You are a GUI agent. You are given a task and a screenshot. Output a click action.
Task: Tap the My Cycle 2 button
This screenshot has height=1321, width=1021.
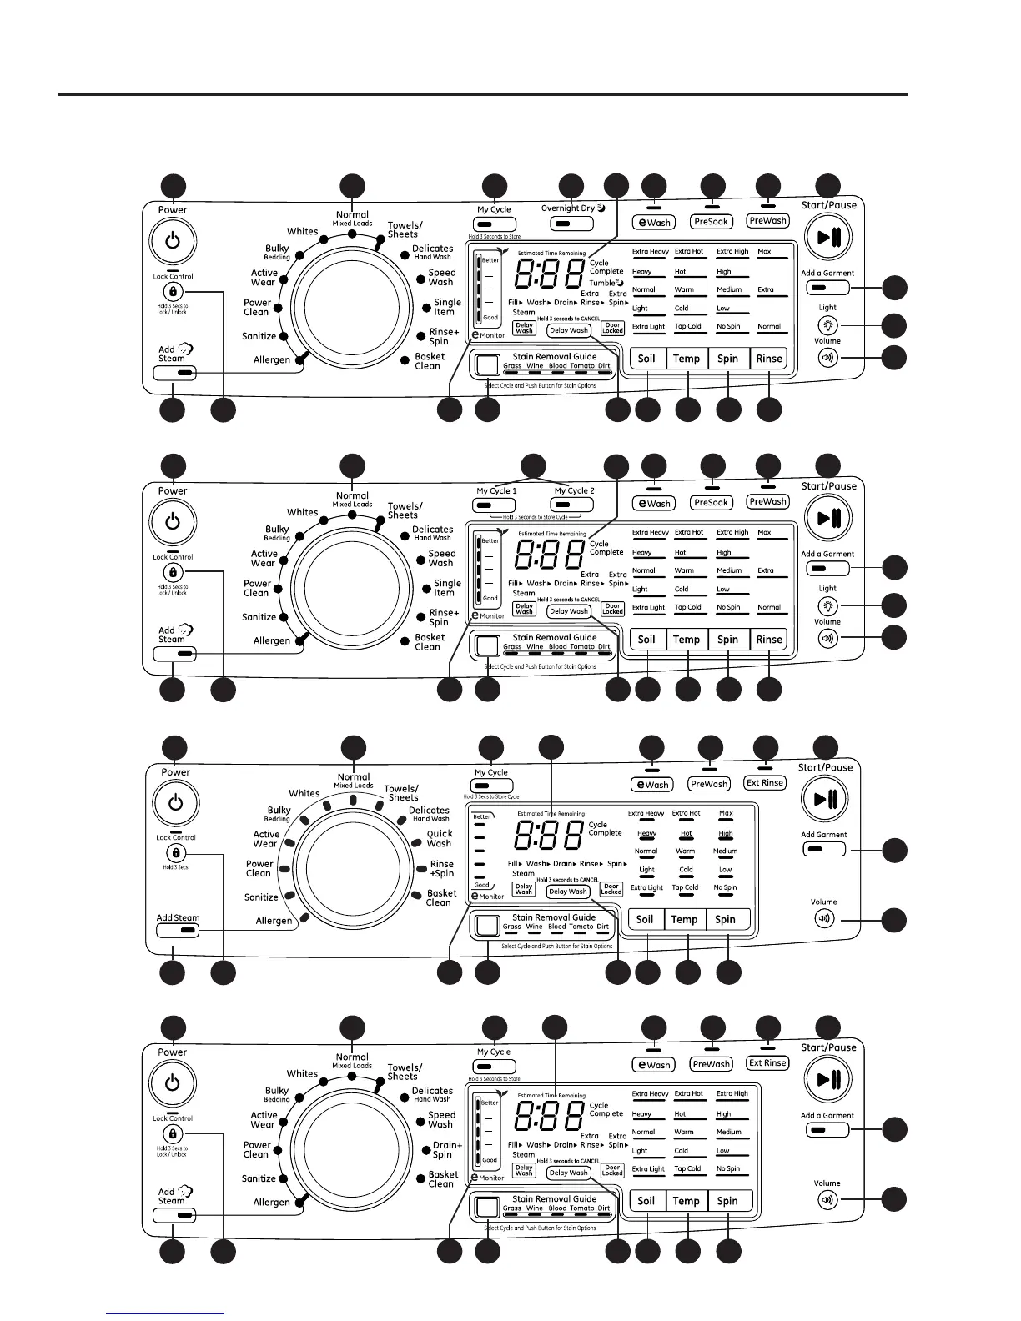[574, 505]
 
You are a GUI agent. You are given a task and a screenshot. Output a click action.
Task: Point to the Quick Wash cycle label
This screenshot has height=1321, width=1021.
[440, 838]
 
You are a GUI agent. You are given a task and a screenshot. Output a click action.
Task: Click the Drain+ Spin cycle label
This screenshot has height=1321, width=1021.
[446, 1150]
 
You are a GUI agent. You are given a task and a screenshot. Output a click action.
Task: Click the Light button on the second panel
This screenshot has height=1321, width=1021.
[827, 606]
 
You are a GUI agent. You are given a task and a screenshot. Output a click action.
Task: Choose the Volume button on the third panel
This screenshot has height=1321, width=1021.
[825, 919]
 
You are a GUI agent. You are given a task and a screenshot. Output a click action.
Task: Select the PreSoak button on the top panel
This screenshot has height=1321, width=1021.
[712, 222]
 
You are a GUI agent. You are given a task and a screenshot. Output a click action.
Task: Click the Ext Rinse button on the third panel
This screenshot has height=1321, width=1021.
[765, 783]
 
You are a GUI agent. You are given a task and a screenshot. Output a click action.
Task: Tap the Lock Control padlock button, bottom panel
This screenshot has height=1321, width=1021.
[174, 1134]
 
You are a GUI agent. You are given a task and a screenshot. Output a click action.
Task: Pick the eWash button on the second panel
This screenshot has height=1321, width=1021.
[654, 503]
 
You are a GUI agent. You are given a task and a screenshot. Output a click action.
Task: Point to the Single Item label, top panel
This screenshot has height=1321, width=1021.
[446, 307]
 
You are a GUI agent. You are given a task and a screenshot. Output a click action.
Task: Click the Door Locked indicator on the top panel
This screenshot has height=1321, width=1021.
[612, 329]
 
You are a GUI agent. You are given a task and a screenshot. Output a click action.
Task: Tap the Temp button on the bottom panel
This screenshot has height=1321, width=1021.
[686, 1201]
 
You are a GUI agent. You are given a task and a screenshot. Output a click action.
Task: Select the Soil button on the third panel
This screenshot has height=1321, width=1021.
[645, 920]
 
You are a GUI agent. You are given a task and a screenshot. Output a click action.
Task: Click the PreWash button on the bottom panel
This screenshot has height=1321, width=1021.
[711, 1064]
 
